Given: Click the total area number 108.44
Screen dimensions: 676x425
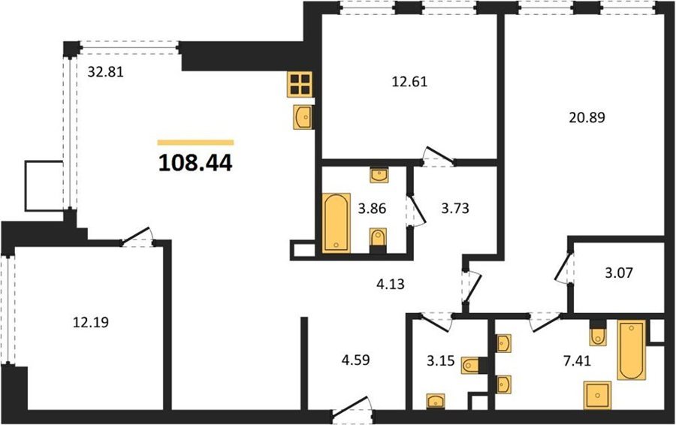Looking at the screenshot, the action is [195, 163].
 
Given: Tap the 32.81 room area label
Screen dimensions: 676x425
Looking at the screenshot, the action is [106, 71].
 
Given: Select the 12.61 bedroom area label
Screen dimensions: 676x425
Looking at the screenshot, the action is [409, 81].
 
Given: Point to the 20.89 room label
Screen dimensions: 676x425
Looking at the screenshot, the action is [587, 117].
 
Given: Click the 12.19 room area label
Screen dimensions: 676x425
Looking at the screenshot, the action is [91, 322].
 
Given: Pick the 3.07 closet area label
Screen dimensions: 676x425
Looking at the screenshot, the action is [619, 273].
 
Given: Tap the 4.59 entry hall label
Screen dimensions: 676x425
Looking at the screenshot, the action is [356, 360].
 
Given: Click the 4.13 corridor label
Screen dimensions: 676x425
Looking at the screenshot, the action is [391, 284].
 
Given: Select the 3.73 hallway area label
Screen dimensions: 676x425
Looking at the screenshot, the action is [455, 208].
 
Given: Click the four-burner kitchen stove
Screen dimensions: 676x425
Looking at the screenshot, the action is [300, 83].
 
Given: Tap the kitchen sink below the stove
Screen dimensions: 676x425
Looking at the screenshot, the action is [303, 116].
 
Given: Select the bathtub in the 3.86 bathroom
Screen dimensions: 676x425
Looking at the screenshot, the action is [336, 223].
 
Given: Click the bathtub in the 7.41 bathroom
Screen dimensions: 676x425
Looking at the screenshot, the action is [632, 350].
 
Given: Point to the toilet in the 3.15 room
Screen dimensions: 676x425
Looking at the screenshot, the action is [472, 366].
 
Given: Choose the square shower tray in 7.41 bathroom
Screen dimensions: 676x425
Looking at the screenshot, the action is [597, 395].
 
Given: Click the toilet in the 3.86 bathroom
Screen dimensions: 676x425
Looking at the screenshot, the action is [378, 238].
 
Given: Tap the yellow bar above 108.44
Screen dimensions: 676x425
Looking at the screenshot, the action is [195, 142].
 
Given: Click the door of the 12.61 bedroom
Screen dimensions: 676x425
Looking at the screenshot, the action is [438, 157].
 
